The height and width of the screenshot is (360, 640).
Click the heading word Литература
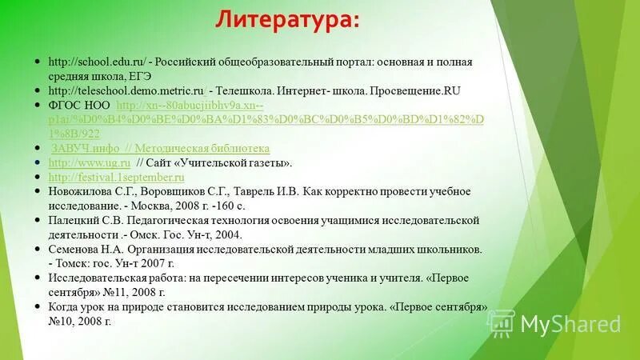click(286, 20)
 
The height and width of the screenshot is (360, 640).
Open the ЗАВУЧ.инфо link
click(86, 149)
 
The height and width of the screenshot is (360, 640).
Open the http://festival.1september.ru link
click(117, 178)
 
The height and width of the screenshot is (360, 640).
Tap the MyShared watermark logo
click(560, 324)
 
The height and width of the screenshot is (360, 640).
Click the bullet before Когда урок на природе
click(38, 307)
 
